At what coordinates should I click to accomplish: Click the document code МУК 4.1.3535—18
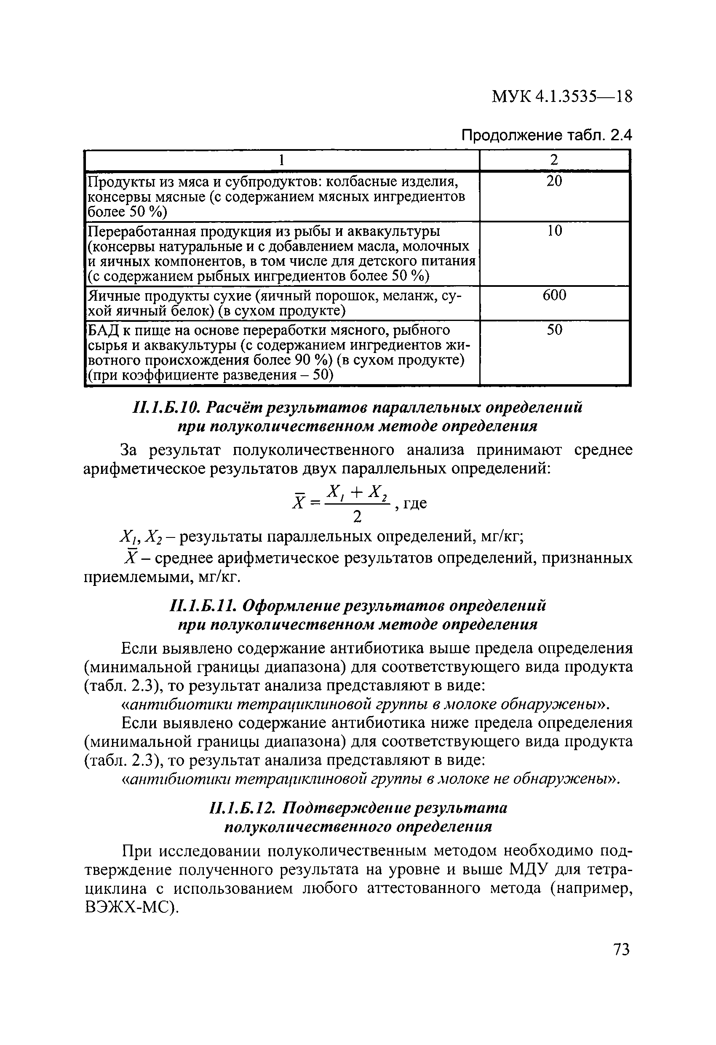click(x=562, y=96)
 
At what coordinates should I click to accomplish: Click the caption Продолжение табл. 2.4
click(x=547, y=135)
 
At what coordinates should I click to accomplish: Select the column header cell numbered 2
click(x=554, y=160)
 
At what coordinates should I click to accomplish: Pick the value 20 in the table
click(x=554, y=181)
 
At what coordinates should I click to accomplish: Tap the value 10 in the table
click(x=554, y=231)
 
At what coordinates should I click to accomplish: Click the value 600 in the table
click(x=554, y=295)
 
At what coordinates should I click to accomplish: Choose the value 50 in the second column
click(x=554, y=330)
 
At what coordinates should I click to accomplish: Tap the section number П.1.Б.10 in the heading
click(x=165, y=407)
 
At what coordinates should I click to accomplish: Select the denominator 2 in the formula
click(x=358, y=518)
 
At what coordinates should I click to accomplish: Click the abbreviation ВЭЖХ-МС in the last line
click(x=128, y=908)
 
